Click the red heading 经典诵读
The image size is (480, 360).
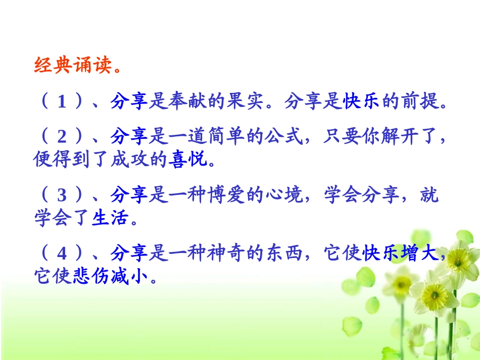coord(72,65)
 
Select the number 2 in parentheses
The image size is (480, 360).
coord(62,136)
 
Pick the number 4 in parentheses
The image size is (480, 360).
coord(62,254)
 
